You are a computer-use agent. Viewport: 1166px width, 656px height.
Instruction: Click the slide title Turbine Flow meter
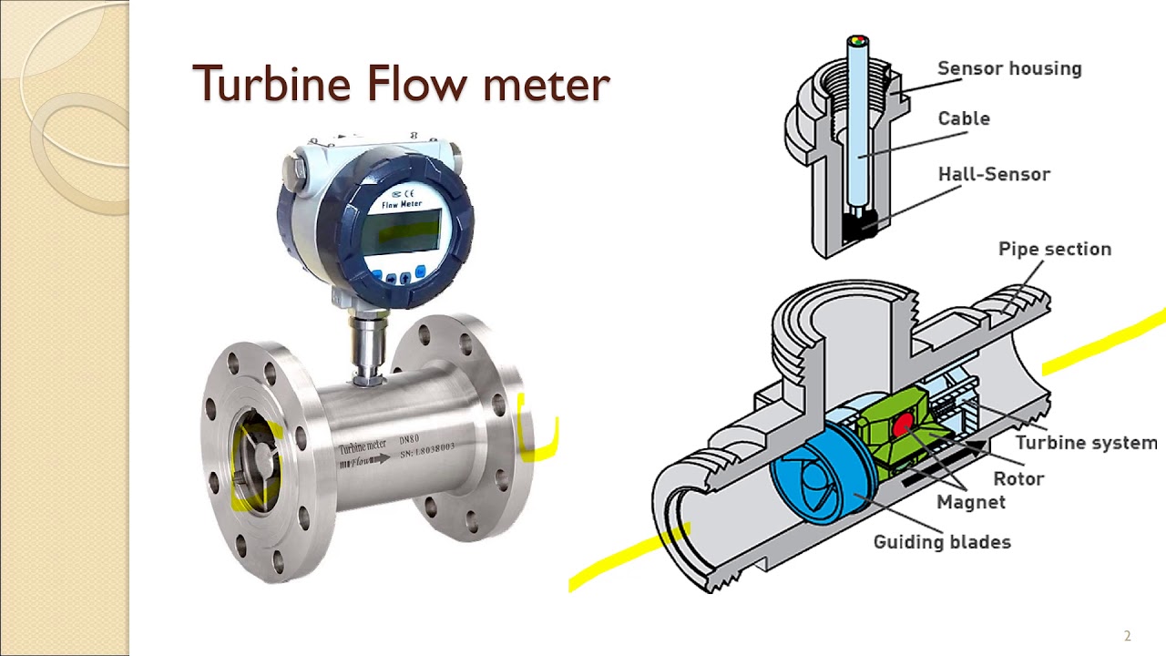tap(401, 84)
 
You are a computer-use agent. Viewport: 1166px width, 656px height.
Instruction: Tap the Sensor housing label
tap(1009, 68)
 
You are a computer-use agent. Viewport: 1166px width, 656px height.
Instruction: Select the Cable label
tap(964, 118)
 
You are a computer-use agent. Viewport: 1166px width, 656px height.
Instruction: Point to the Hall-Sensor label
tap(994, 174)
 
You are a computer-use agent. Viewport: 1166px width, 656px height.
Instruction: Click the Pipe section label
tap(1055, 249)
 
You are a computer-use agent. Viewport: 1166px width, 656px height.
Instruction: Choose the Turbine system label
tap(1086, 443)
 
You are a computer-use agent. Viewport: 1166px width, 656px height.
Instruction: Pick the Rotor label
tap(1018, 478)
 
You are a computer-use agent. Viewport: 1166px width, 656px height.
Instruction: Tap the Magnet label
tap(971, 502)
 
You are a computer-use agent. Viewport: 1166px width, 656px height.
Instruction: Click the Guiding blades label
tap(942, 542)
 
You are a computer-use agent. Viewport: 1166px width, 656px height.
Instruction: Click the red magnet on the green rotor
tap(903, 424)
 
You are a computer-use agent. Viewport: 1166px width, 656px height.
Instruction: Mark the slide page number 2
tap(1127, 636)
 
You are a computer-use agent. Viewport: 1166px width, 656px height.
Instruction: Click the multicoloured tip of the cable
tap(857, 42)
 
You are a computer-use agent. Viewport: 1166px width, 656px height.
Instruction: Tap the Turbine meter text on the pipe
tap(363, 446)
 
